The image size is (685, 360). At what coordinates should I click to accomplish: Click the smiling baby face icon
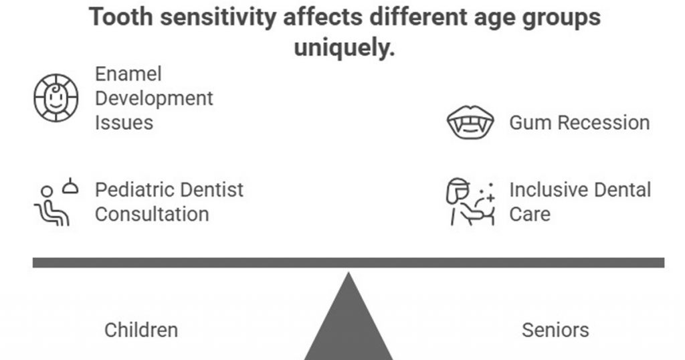click(x=56, y=98)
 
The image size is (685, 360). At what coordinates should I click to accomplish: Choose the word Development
click(x=154, y=98)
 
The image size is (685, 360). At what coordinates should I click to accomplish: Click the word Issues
click(x=124, y=123)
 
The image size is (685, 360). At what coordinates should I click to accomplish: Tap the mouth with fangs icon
click(x=470, y=123)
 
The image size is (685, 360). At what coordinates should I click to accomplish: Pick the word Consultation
click(x=152, y=215)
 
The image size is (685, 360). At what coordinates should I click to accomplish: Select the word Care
click(x=530, y=215)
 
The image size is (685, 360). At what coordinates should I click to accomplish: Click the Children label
click(x=141, y=330)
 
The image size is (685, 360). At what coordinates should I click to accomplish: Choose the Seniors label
click(x=555, y=330)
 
